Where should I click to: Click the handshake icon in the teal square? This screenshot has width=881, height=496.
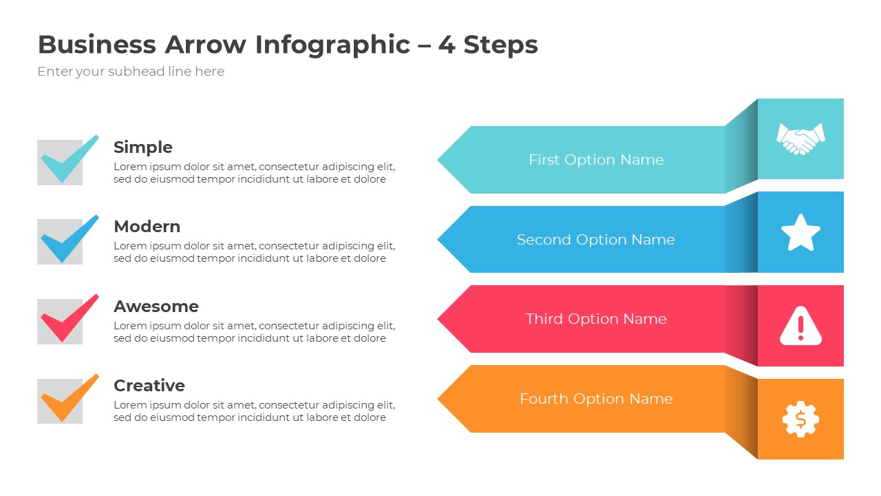pyautogui.click(x=800, y=138)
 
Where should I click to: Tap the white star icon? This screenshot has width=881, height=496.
pyautogui.click(x=800, y=233)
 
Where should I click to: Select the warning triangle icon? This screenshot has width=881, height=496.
pyautogui.click(x=800, y=325)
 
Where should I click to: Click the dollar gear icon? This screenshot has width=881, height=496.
pyautogui.click(x=800, y=419)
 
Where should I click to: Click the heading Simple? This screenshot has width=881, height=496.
pyautogui.click(x=143, y=147)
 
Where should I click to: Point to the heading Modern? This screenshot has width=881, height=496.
pyautogui.click(x=147, y=227)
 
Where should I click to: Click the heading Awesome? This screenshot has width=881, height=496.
pyautogui.click(x=156, y=307)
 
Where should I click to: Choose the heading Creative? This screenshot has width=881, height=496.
pyautogui.click(x=149, y=386)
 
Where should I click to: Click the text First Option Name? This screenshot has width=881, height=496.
pyautogui.click(x=596, y=160)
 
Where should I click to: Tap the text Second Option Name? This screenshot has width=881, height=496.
pyautogui.click(x=596, y=240)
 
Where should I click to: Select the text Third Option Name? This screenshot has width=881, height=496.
pyautogui.click(x=596, y=319)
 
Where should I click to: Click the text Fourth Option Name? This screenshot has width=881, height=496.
pyautogui.click(x=596, y=399)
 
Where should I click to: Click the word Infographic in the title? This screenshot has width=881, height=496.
pyautogui.click(x=332, y=45)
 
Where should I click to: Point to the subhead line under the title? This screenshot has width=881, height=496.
pyautogui.click(x=131, y=72)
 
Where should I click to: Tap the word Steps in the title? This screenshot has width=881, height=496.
pyautogui.click(x=500, y=45)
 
